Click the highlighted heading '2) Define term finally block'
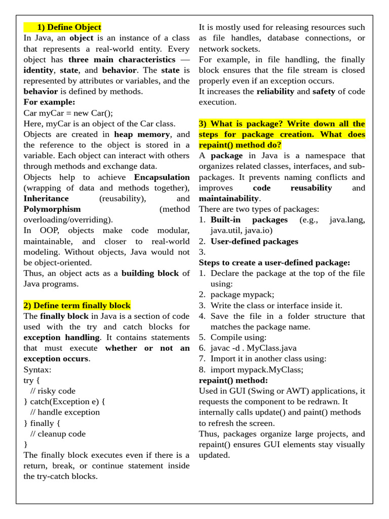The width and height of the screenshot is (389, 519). pyautogui.click(x=77, y=305)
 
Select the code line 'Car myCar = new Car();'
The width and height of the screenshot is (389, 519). pyautogui.click(x=68, y=113)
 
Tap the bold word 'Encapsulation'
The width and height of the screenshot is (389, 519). pyautogui.click(x=162, y=177)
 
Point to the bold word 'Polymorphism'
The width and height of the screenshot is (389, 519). pyautogui.click(x=52, y=209)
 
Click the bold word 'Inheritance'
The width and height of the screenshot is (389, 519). pyautogui.click(x=46, y=198)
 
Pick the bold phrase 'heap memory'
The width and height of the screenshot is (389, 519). pyautogui.click(x=142, y=134)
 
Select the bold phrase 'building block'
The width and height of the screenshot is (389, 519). pyautogui.click(x=150, y=273)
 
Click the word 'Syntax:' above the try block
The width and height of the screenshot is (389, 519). pyautogui.click(x=37, y=369)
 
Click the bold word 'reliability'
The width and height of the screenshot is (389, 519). pyautogui.click(x=275, y=91)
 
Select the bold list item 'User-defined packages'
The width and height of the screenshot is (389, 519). pyautogui.click(x=254, y=241)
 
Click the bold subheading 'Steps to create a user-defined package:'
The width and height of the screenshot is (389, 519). pyautogui.click(x=275, y=263)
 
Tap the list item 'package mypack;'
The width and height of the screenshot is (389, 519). pyautogui.click(x=242, y=294)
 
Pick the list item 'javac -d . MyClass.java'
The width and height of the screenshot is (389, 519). pyautogui.click(x=253, y=348)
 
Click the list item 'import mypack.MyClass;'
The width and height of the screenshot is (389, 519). pyautogui.click(x=257, y=369)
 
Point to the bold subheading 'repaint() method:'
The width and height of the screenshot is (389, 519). pyautogui.click(x=234, y=380)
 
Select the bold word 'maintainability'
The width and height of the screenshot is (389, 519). pyautogui.click(x=229, y=198)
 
